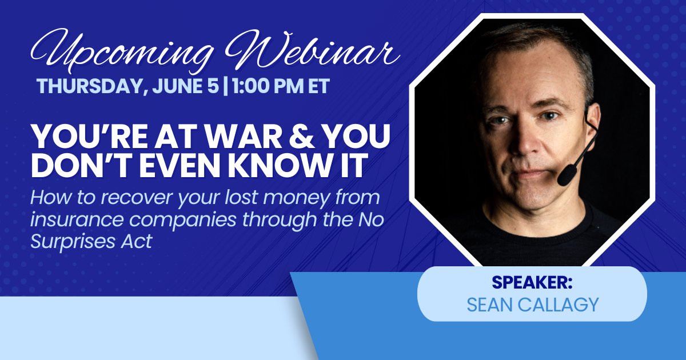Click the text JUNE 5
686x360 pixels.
(x=184, y=86)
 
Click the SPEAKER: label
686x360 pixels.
(x=532, y=283)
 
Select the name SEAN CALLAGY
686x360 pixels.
(x=532, y=305)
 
